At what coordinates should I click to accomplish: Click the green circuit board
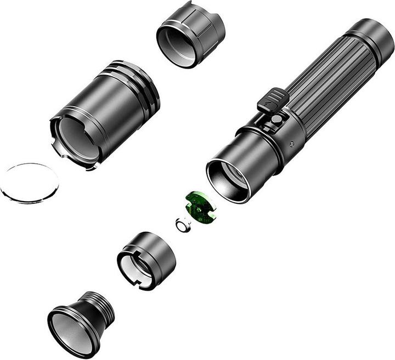coord(200,207)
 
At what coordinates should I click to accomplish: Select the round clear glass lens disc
coord(30,182)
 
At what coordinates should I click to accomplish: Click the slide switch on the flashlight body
coord(273,101)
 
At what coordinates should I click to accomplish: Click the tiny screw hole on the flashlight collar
coord(291,144)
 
